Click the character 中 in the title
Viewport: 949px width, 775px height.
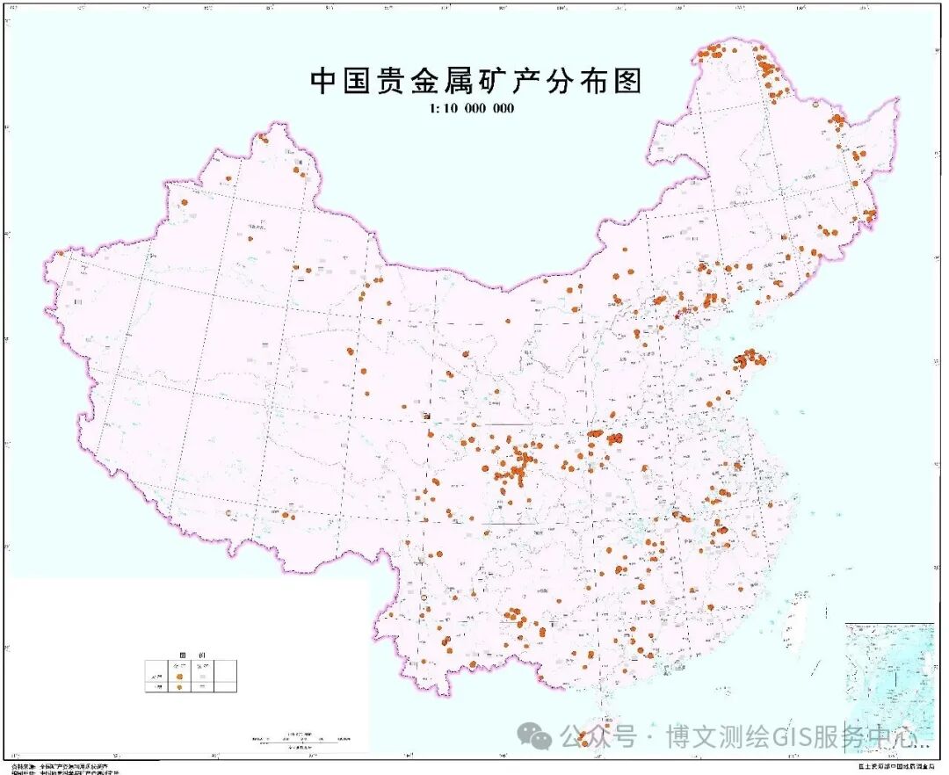point(323,81)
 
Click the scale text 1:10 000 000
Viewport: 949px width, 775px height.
point(471,109)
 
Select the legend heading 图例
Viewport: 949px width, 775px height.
point(185,655)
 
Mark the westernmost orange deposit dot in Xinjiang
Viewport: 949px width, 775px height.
point(60,254)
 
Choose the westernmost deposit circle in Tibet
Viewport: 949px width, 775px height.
point(228,512)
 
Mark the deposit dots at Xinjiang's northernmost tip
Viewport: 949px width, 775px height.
point(263,138)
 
